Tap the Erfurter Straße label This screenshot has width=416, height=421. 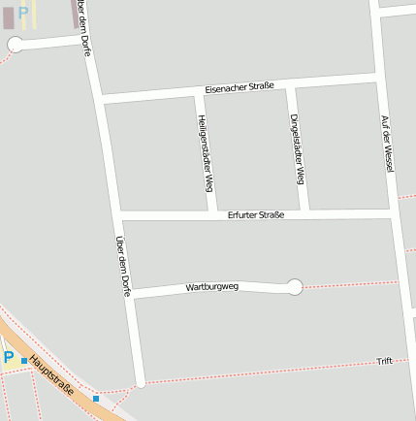tap(256, 214)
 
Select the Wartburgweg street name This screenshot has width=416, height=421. tap(211, 287)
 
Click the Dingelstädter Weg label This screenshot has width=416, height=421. tap(298, 148)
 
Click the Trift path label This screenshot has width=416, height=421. tap(384, 361)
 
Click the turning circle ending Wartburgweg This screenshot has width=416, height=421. tap(295, 286)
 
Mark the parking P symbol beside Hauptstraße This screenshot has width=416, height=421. tap(9, 358)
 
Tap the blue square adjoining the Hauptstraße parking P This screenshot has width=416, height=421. tap(24, 361)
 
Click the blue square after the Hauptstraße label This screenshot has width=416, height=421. tap(96, 398)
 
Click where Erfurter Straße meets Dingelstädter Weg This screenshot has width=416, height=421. tap(304, 213)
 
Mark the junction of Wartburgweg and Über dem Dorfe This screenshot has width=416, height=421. tap(130, 292)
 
